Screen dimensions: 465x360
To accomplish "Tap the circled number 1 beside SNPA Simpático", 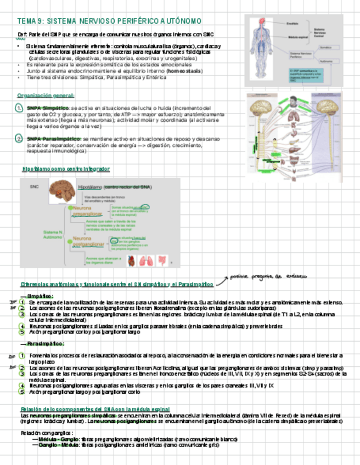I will click(x=19, y=109).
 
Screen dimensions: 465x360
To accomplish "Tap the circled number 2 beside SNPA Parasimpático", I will click(x=19, y=139).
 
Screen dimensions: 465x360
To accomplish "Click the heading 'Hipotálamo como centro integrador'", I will click(x=66, y=169).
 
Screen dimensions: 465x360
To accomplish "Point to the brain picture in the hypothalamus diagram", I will click(x=62, y=192).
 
